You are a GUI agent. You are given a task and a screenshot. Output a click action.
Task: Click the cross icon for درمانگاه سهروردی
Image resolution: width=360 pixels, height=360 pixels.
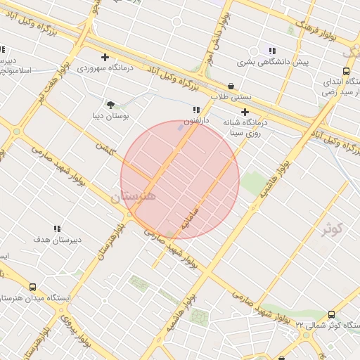point(105,57)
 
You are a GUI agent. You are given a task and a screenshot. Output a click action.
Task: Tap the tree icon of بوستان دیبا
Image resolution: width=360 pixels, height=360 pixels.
point(110,104)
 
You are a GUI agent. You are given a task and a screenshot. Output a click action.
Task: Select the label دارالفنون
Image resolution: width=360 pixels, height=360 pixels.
point(196,122)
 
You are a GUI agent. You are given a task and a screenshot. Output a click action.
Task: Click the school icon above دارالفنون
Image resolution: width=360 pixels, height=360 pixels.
point(196,110)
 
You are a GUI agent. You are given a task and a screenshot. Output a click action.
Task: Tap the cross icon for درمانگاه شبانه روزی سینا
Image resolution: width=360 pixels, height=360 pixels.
point(245,112)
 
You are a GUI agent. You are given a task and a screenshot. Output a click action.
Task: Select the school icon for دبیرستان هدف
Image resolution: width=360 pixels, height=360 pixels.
point(57,229)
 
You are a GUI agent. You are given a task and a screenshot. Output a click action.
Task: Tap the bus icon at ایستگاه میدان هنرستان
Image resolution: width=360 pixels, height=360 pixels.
point(32,287)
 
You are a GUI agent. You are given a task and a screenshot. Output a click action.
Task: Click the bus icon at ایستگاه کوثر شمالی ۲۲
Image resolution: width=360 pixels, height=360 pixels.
point(331,314)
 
